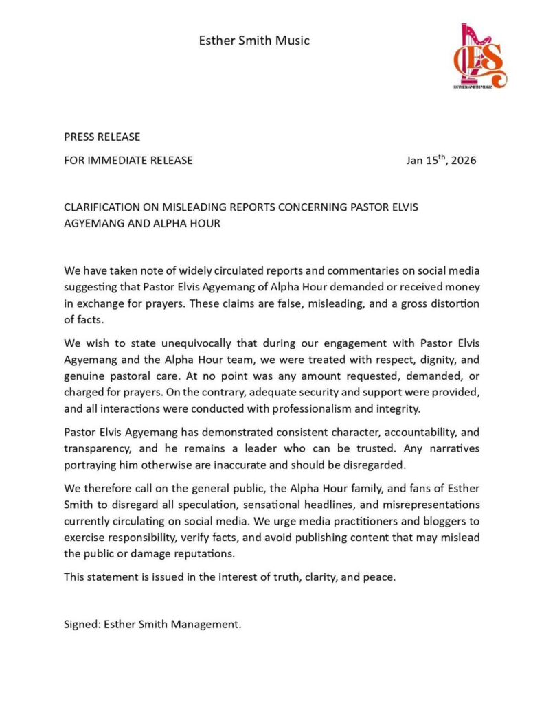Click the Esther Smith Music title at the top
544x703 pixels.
[254, 41]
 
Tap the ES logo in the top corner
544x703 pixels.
[479, 56]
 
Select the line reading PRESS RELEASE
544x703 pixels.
[102, 137]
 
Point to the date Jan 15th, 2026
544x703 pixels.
[440, 161]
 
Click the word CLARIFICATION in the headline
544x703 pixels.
[102, 208]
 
